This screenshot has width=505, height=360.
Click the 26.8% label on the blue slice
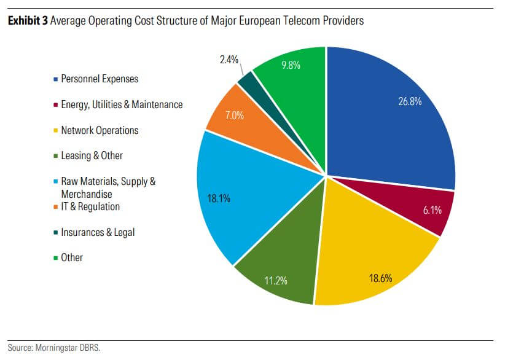410,101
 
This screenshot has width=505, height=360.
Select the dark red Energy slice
430,212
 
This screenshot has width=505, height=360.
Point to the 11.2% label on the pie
275,281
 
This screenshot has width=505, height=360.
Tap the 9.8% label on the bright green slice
291,65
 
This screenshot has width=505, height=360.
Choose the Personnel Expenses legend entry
99,79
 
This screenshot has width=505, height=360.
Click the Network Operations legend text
100,130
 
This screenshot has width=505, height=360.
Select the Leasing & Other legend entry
92,155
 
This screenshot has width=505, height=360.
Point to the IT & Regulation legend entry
90,206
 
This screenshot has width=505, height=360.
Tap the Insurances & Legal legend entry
97,232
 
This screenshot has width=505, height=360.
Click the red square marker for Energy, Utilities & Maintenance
57,105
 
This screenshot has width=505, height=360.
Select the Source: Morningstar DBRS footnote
53,348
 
